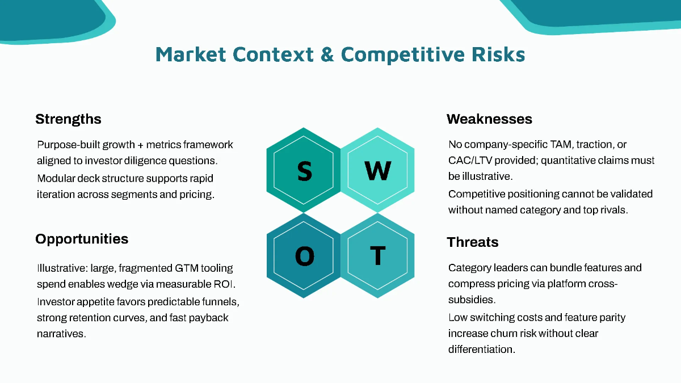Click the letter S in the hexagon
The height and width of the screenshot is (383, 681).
coord(304,171)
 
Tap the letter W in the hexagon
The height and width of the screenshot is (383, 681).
coord(377,171)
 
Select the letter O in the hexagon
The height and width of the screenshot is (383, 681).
coord(304,256)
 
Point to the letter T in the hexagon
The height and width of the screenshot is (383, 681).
coord(377,256)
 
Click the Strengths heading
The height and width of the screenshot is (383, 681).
coord(68,119)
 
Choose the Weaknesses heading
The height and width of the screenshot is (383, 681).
coord(489,119)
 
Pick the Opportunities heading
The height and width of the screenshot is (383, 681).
coord(82,239)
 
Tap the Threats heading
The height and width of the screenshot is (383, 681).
coord(472,242)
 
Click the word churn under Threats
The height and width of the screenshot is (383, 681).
coord(505,333)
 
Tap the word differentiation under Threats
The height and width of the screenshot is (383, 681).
coord(481,350)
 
